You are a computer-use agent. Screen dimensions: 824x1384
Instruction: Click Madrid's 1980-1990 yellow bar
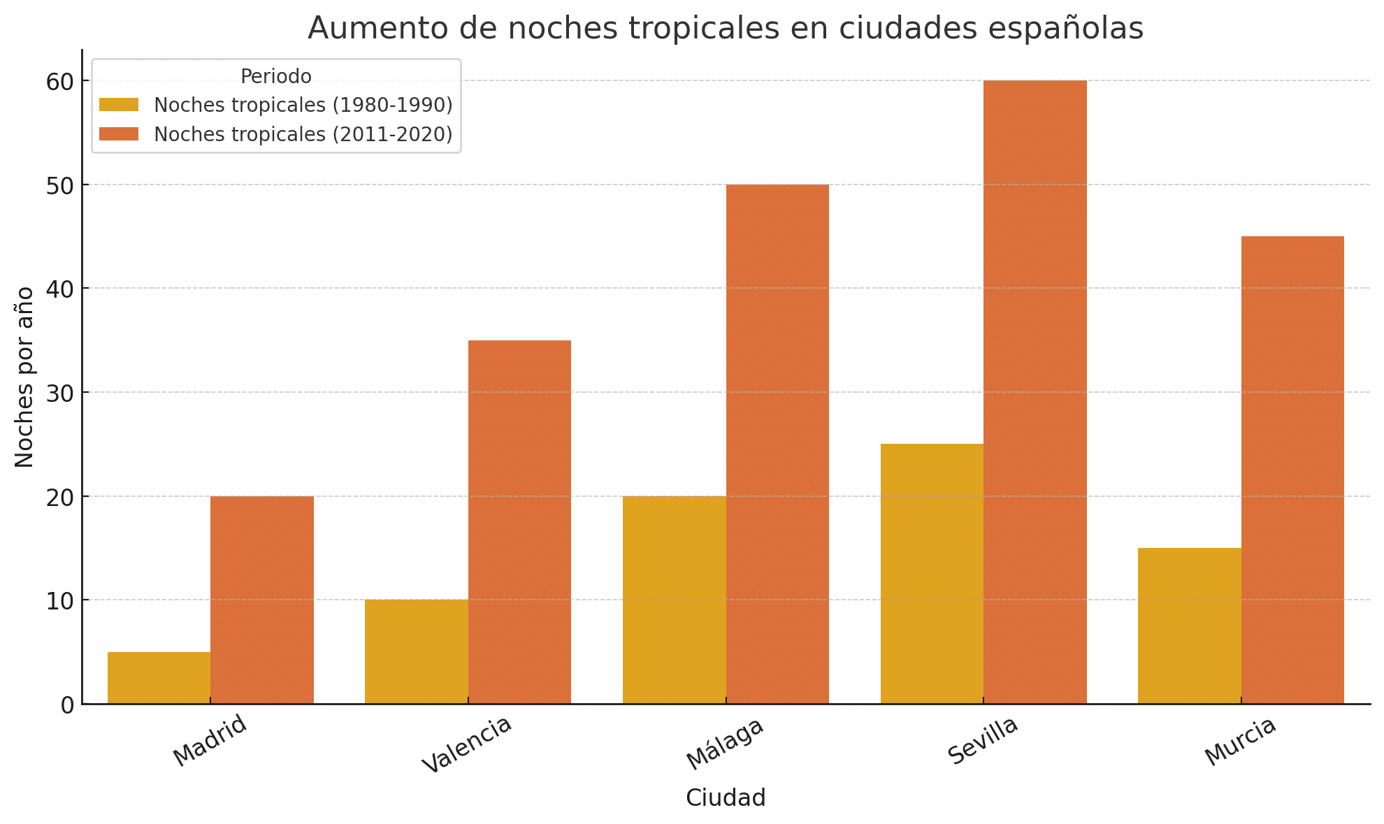[159, 677]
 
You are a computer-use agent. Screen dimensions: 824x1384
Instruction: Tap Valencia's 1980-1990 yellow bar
[417, 651]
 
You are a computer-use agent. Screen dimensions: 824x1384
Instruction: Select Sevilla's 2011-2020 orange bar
[1035, 391]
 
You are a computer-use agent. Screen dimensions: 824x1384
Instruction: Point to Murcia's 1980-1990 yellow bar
[1190, 626]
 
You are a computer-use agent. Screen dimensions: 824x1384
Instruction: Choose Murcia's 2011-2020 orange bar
[1292, 470]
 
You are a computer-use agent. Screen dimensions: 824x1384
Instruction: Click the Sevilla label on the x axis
[983, 741]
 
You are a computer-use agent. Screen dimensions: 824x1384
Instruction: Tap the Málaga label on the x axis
[725, 744]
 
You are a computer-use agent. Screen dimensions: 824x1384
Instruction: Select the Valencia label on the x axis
[467, 745]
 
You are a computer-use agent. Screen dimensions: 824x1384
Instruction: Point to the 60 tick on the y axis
[59, 82]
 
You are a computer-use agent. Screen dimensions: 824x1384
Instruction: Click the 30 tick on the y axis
[59, 393]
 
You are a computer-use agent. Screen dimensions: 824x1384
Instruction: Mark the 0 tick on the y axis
[67, 704]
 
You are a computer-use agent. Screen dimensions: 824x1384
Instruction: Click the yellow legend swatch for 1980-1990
[119, 105]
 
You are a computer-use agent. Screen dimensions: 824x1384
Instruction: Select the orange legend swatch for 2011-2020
[119, 134]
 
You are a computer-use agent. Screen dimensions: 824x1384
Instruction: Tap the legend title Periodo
[275, 76]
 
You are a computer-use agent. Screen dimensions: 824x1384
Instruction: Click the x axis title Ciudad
[726, 797]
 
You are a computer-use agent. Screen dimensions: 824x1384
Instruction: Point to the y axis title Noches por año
[24, 377]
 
